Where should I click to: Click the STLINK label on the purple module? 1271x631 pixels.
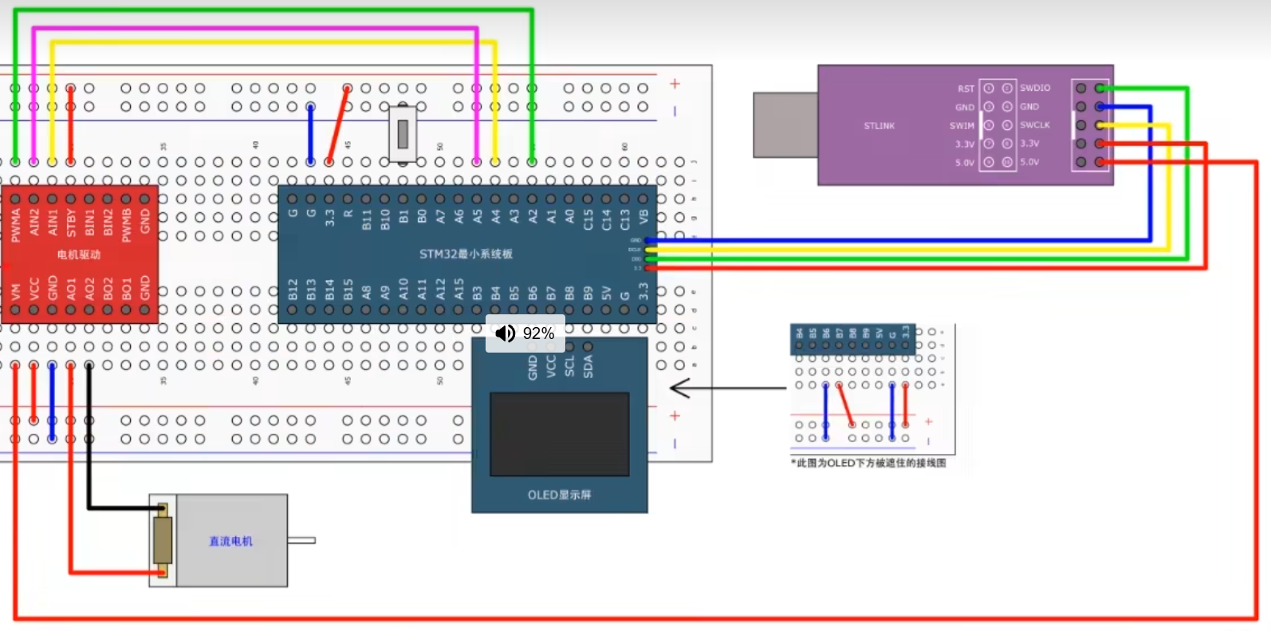pyautogui.click(x=879, y=126)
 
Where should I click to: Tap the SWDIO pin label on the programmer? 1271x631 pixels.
pyautogui.click(x=1035, y=88)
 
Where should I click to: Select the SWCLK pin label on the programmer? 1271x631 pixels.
pyautogui.click(x=1035, y=125)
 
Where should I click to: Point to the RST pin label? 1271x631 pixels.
pyautogui.click(x=966, y=89)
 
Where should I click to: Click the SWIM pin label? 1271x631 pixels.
pyautogui.click(x=962, y=126)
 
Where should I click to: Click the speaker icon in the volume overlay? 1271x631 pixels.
pyautogui.click(x=506, y=333)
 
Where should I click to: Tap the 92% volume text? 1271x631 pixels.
pyautogui.click(x=538, y=333)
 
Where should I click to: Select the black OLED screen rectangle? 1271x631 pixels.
pyautogui.click(x=559, y=434)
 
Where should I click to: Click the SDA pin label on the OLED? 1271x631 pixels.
pyautogui.click(x=588, y=366)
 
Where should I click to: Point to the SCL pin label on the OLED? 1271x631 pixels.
pyautogui.click(x=569, y=366)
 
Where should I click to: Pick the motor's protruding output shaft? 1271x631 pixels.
pyautogui.click(x=301, y=541)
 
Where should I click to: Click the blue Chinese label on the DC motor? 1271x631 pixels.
pyautogui.click(x=230, y=541)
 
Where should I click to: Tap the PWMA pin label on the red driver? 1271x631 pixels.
pyautogui.click(x=16, y=224)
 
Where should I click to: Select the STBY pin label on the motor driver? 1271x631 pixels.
pyautogui.click(x=71, y=223)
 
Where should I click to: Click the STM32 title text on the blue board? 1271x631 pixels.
pyautogui.click(x=466, y=254)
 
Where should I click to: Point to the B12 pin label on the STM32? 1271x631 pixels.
pyautogui.click(x=293, y=289)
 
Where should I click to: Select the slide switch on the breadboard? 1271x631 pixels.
pyautogui.click(x=403, y=133)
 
